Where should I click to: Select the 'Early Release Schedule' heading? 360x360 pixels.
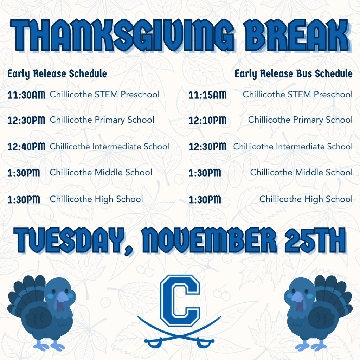pyautogui.click(x=57, y=74)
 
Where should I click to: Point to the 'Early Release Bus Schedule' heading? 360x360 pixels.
pyautogui.click(x=294, y=74)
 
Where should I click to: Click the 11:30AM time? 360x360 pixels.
pyautogui.click(x=27, y=95)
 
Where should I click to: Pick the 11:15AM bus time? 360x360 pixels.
pyautogui.click(x=207, y=95)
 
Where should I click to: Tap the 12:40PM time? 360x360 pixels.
pyautogui.click(x=27, y=147)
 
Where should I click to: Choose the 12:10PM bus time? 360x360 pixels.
pyautogui.click(x=207, y=120)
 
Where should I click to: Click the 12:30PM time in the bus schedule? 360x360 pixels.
pyautogui.click(x=207, y=147)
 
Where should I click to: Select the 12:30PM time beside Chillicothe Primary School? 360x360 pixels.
pyautogui.click(x=27, y=120)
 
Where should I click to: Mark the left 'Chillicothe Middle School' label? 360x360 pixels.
pyautogui.click(x=101, y=173)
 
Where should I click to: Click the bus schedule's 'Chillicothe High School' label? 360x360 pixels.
pyautogui.click(x=306, y=199)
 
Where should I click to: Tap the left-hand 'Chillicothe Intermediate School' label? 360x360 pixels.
pyautogui.click(x=109, y=147)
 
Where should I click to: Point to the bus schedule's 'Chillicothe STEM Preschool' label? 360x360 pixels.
pyautogui.click(x=297, y=95)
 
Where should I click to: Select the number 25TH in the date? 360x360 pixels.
pyautogui.click(x=315, y=240)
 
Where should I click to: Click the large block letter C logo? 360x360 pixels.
pyautogui.click(x=180, y=300)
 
